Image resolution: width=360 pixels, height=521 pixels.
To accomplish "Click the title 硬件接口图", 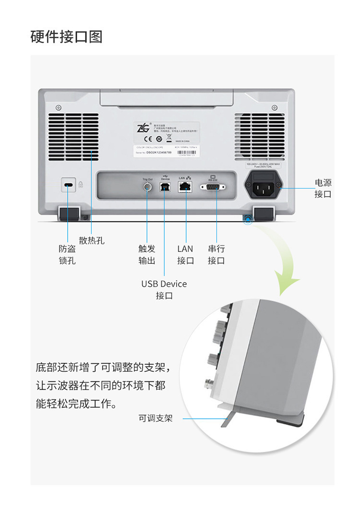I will click(66, 36).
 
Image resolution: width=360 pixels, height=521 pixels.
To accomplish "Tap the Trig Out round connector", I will click(147, 187).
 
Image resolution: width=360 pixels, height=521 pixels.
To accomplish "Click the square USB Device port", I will click(165, 187).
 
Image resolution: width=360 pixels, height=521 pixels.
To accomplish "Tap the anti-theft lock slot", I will click(69, 186).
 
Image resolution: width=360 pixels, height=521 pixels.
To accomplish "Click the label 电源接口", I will click(323, 188).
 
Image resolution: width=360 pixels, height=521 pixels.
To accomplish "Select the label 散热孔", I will click(92, 240).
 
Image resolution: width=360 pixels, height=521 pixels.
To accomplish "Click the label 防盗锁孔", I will click(67, 255).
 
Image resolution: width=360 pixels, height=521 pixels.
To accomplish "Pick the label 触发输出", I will click(147, 255).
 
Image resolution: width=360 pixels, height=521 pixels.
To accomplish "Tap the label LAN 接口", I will click(185, 255).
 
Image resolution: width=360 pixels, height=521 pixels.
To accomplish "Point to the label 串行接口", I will click(216, 255).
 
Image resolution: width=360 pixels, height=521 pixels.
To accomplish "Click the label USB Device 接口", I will click(164, 290).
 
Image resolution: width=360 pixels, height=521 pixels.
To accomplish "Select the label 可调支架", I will click(155, 418).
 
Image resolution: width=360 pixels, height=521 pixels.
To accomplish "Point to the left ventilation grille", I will click(73, 138).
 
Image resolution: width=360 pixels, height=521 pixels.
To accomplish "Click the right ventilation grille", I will click(259, 137).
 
